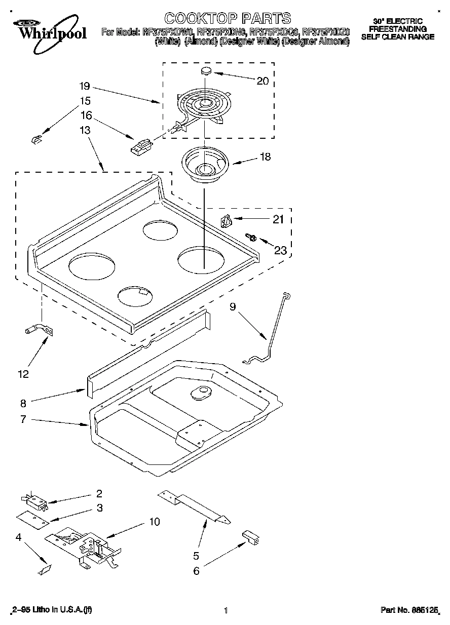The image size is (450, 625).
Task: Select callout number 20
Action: [262, 81]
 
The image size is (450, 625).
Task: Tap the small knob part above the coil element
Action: [206, 70]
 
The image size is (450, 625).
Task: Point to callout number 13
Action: [85, 130]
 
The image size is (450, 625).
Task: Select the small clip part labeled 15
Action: [35, 139]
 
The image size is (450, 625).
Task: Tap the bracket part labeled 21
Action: [226, 221]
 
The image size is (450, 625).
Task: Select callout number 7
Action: [23, 420]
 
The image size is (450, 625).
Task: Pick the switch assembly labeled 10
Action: [86, 546]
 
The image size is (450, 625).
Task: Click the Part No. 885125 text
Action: [409, 611]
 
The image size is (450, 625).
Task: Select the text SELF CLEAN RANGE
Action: [397, 36]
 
